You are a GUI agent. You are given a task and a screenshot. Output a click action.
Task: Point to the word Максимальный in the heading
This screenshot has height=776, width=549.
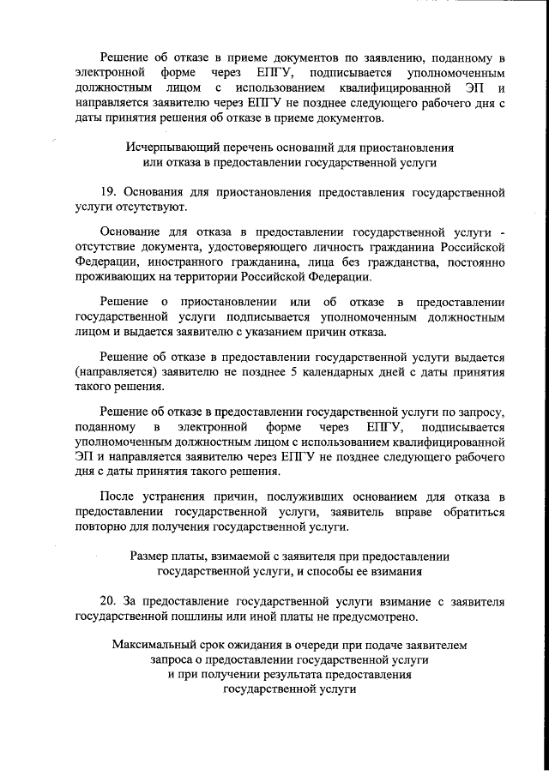150,646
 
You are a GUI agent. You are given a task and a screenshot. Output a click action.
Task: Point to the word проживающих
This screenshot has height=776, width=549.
114,277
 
